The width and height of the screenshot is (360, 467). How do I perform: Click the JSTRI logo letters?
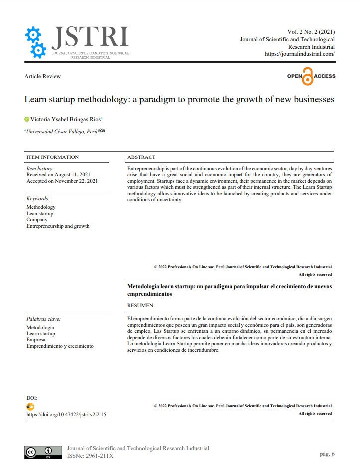point(90,37)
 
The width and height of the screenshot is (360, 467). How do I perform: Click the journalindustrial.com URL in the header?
point(299,54)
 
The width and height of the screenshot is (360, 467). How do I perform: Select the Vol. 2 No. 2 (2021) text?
point(311,32)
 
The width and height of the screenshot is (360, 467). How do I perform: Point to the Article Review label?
point(42,76)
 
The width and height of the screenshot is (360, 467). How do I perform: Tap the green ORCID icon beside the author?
point(27,120)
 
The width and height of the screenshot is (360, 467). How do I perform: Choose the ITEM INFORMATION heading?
point(52,157)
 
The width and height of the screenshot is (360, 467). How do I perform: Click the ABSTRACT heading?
point(141,157)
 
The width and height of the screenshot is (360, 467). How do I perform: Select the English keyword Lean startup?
point(40,213)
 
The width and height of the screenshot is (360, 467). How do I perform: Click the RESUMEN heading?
point(140,305)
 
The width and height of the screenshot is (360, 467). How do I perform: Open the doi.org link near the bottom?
point(66,414)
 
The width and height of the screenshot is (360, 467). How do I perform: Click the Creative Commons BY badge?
point(43,452)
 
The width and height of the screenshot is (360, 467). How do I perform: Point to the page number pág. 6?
point(327,454)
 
